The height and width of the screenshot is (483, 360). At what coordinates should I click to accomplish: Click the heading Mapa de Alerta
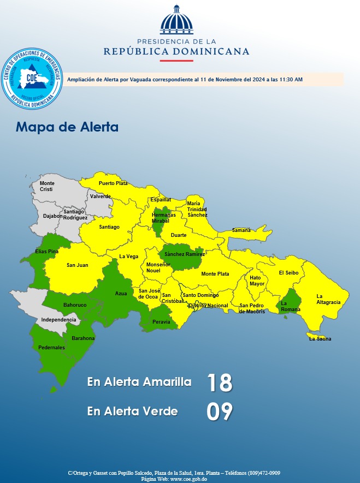click(67, 127)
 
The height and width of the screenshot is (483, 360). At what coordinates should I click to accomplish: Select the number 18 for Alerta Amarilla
click(220, 383)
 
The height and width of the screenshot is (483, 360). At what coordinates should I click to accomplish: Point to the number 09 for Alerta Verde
click(220, 412)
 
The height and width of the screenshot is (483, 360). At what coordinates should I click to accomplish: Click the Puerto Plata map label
click(113, 183)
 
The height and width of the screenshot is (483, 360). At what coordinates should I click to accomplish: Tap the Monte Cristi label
click(47, 186)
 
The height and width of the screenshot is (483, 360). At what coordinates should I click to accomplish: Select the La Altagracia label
click(328, 299)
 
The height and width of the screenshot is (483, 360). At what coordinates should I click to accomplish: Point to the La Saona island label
click(320, 339)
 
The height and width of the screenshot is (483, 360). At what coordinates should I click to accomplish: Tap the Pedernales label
click(52, 348)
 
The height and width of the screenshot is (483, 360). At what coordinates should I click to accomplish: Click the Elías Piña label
click(47, 252)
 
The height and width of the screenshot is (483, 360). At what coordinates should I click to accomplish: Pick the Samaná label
click(241, 230)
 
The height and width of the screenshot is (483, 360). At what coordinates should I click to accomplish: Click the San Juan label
click(78, 265)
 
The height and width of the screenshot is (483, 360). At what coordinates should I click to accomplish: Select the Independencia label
click(59, 319)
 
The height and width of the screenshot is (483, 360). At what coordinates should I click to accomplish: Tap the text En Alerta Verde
click(132, 412)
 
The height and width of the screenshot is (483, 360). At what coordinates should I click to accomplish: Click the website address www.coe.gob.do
click(188, 479)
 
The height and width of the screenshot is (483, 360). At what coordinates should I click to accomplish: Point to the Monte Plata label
click(215, 274)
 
